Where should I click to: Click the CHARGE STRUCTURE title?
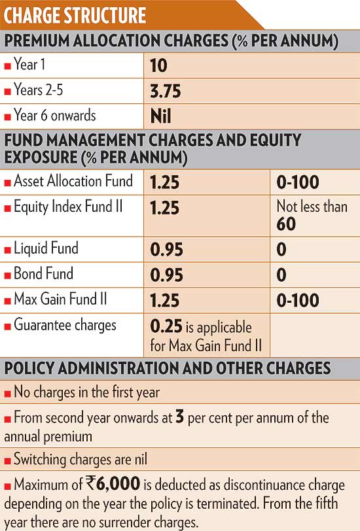tap(75, 15)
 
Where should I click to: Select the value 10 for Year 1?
tap(158, 65)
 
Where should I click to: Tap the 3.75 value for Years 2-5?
tap(166, 91)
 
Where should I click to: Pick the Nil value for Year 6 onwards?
tap(160, 116)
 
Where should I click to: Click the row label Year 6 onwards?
tap(55, 115)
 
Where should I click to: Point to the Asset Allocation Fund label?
tap(73, 180)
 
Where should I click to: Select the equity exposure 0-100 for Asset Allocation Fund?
tap(298, 182)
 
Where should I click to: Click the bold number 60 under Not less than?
tap(286, 224)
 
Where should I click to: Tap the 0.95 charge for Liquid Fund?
tap(166, 250)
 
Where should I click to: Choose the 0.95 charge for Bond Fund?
tap(166, 275)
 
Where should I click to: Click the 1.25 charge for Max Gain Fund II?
tap(165, 300)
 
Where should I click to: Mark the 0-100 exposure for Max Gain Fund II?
tap(298, 300)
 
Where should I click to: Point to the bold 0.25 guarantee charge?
tap(166, 326)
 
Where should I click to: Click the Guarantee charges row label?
tap(65, 325)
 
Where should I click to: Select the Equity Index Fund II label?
tap(68, 207)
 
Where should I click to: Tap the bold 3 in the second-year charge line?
tap(179, 417)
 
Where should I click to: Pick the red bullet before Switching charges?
tap(7, 461)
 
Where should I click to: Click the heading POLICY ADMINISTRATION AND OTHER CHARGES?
tap(168, 368)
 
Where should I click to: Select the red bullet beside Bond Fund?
tap(7, 275)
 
